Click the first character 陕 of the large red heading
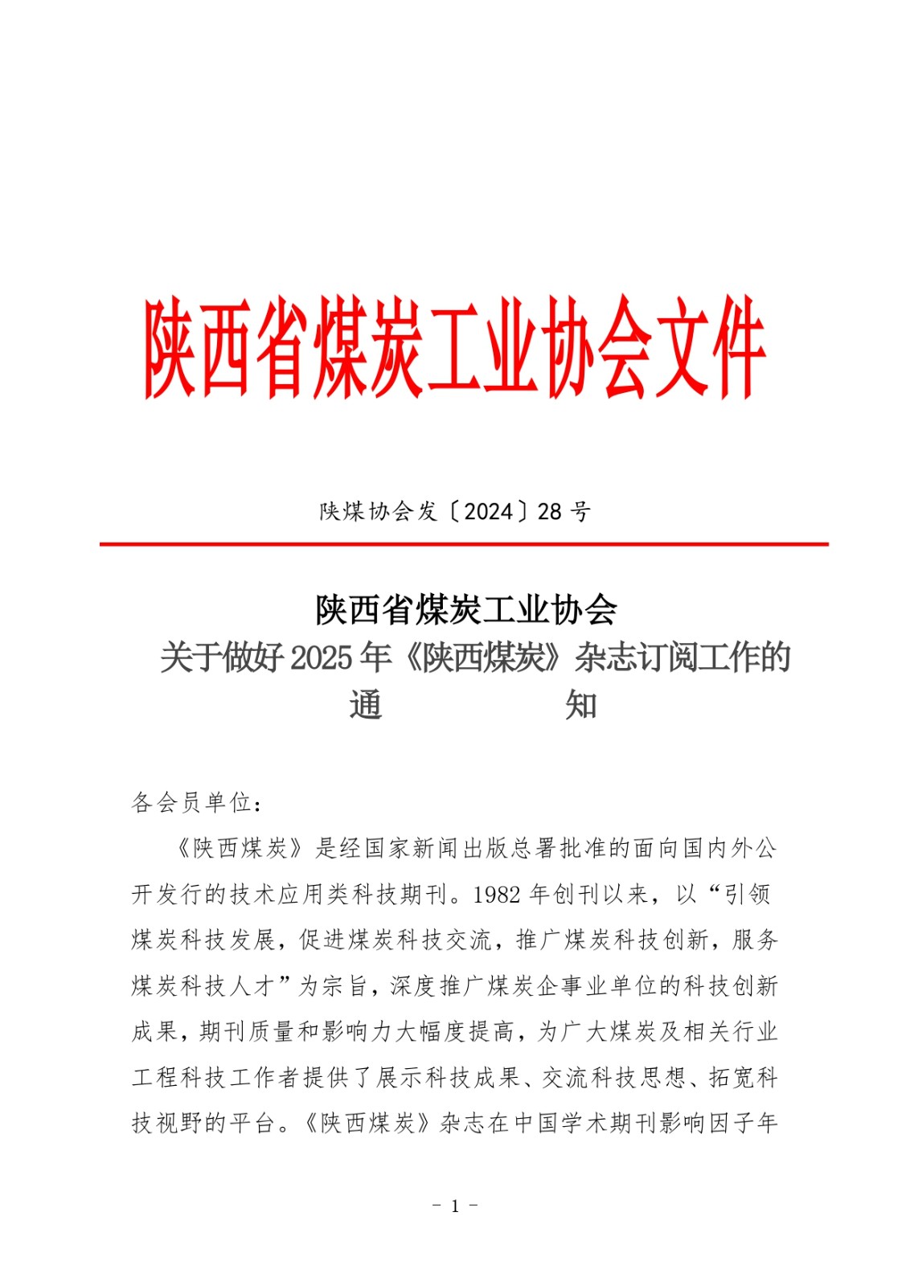171,347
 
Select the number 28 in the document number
550,511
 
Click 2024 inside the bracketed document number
489,511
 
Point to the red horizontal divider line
464,544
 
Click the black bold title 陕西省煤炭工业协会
466,610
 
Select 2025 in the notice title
322,658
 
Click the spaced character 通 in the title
366,705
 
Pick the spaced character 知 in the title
580,705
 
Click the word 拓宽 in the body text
732,1077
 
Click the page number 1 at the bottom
455,1206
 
